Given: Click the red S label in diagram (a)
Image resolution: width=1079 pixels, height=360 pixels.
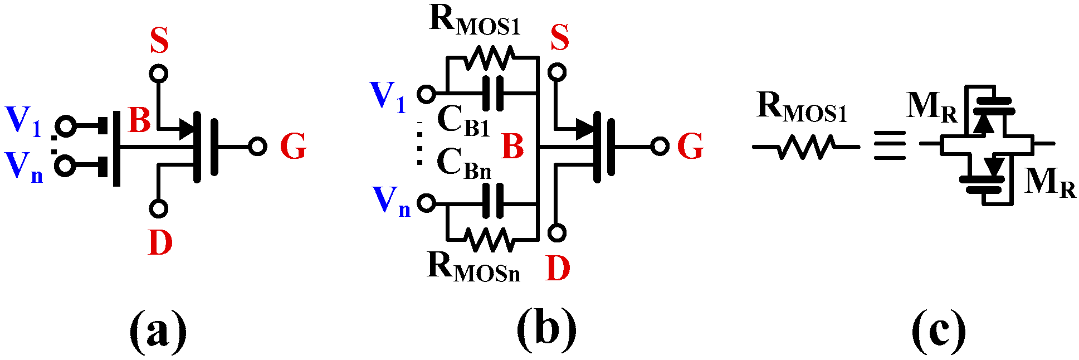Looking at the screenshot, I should pos(159,41).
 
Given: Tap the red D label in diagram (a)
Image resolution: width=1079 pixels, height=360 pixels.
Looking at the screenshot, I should pos(160,243).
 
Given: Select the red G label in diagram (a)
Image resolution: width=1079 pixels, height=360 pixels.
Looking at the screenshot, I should pos(293,147).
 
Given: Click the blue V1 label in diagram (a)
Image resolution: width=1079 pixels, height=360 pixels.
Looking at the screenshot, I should pos(23,121).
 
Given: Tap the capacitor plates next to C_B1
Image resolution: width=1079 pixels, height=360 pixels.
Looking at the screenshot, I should pos(492,93).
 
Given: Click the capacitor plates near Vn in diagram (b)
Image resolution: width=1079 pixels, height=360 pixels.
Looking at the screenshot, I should pos(492,202).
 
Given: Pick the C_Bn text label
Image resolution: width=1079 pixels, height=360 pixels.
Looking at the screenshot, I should pos(463,163).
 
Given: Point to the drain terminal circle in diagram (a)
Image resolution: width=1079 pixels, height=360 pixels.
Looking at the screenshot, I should pos(159,209).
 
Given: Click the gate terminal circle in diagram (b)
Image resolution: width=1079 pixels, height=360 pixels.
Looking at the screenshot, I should pos(660,147).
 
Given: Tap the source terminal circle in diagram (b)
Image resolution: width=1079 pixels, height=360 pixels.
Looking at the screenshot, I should pos(557,72).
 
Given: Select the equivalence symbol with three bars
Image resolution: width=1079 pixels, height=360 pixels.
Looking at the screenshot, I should pos(890,146).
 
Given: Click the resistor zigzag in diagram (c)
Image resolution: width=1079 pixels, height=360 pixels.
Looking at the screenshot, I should pos(805,147).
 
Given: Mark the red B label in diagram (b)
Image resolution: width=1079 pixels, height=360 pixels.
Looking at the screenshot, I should pos(512,147).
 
